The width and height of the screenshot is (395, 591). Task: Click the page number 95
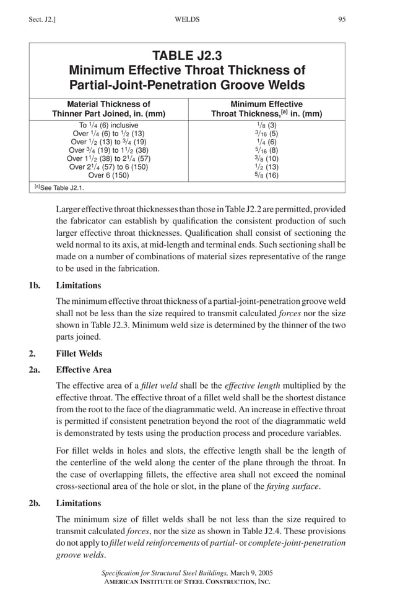[x=342, y=20]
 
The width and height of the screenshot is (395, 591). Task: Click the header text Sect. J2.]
[x=41, y=20]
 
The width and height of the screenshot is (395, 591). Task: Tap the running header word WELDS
[x=188, y=20]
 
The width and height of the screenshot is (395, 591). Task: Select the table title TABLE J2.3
[x=187, y=56]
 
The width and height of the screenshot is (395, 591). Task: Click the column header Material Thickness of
[x=108, y=104]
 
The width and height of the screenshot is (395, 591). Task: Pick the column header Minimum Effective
[x=266, y=104]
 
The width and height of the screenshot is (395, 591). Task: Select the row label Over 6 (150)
[x=108, y=175]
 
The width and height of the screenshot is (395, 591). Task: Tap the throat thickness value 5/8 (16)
[x=266, y=175]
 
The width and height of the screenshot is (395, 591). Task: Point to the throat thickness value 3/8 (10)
[x=266, y=158]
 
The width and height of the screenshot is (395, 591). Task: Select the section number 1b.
[x=34, y=286]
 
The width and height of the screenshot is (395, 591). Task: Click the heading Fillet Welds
[x=79, y=354]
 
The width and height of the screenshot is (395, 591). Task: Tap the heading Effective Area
[x=84, y=370]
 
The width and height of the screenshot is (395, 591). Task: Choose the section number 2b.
[x=34, y=503]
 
